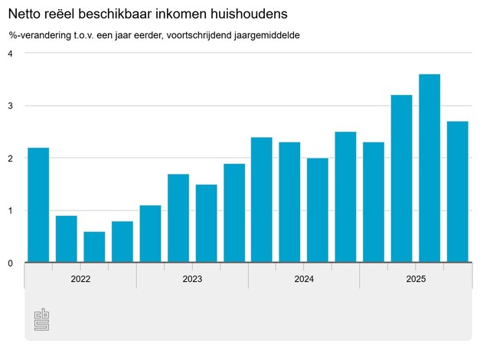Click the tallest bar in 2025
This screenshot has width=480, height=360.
click(429, 169)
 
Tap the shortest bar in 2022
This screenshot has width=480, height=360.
click(94, 247)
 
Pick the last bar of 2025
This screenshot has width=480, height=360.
click(457, 192)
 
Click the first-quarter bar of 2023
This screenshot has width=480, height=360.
click(150, 234)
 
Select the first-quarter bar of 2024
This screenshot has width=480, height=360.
click(262, 200)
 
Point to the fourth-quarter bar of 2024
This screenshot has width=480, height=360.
click(345, 198)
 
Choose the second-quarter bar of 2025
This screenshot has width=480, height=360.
click(401, 179)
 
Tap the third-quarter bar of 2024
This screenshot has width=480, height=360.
click(318, 211)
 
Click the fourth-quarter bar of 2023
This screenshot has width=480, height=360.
click(233, 214)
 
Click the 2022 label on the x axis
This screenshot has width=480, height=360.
click(80, 280)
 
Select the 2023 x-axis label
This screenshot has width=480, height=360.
click(192, 280)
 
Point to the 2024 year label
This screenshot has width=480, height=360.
click(304, 280)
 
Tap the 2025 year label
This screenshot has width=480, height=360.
click(416, 280)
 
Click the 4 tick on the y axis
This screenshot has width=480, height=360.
click(11, 54)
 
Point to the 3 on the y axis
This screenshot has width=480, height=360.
click(11, 106)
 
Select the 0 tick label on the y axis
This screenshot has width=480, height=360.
click(11, 263)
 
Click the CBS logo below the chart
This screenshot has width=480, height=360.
click(41, 321)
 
